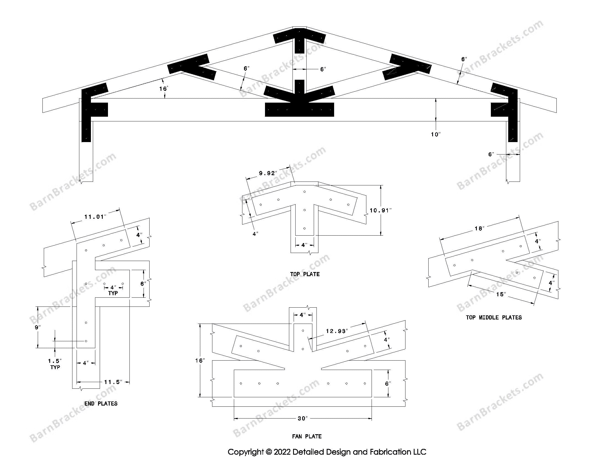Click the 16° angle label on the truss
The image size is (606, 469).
coord(164,89)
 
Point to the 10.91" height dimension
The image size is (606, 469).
coord(380,210)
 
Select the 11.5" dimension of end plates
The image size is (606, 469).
coord(113,382)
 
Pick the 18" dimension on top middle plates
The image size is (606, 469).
coord(479,228)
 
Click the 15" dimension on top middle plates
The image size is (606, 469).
coord(501,295)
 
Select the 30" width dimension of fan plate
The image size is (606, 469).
coord(303,419)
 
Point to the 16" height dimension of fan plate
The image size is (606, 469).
coord(200,360)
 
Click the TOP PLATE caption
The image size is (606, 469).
coord(305,274)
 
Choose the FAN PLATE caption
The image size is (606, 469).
coord(307,436)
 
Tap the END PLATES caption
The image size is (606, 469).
coord(101,403)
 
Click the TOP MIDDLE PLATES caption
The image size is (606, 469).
coord(494,317)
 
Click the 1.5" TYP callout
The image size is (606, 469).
coord(55,364)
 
